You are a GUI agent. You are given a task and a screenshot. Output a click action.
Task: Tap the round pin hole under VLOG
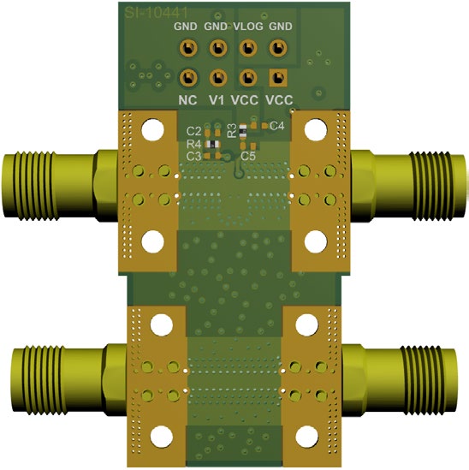pos(248,49)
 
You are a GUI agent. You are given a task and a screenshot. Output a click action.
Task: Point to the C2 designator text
pos(193,131)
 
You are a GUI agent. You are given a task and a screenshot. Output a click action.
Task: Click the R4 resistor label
pos(193,144)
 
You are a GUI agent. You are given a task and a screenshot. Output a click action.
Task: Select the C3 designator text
pos(193,157)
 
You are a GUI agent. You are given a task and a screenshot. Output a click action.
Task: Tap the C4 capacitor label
pos(276,126)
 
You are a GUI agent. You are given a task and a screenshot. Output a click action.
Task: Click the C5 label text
pos(248,157)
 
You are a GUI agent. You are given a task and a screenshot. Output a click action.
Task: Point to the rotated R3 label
pos(232,131)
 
